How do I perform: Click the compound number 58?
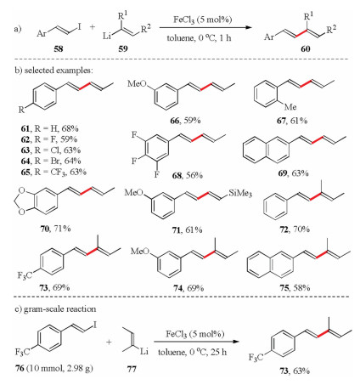click(59, 49)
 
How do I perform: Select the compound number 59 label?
click(123, 49)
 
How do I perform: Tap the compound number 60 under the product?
click(306, 49)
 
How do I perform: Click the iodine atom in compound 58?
click(79, 26)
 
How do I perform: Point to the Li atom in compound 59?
click(107, 37)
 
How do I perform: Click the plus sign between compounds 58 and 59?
click(93, 27)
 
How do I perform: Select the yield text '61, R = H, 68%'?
click(49, 128)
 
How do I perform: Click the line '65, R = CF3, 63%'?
click(53, 172)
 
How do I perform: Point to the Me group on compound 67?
click(290, 107)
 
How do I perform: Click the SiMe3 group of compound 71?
click(240, 193)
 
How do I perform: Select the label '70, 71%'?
click(55, 229)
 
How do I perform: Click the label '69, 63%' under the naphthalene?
click(293, 173)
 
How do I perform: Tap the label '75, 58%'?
click(295, 288)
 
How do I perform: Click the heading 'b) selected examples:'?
click(53, 71)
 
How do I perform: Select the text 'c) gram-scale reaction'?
click(55, 309)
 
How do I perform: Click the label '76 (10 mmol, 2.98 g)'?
click(54, 369)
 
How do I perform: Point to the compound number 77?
click(132, 369)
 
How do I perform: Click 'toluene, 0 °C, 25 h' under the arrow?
click(192, 352)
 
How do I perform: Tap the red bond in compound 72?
click(316, 196)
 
